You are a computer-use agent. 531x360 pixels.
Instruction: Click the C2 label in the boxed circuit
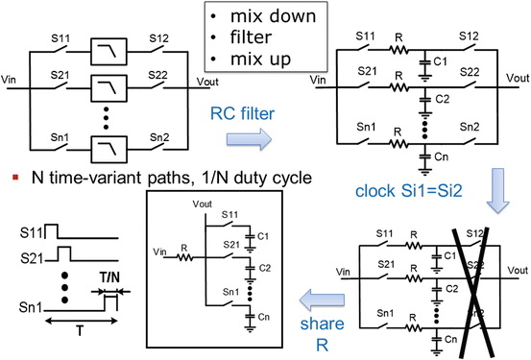pyautogui.click(x=265, y=270)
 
